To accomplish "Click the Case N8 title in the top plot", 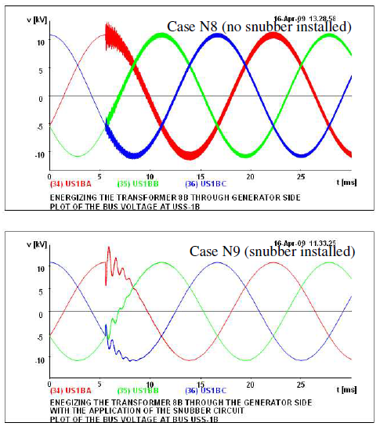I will click(x=259, y=27).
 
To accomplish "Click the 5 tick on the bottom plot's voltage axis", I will click(x=40, y=291).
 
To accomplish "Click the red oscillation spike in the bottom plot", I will click(x=108, y=251).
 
